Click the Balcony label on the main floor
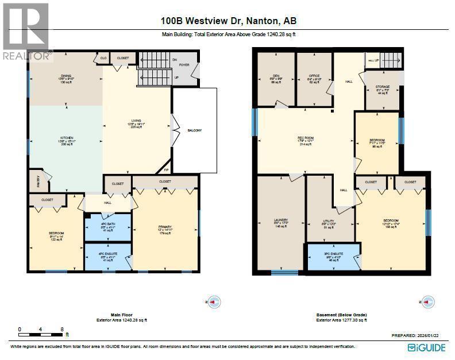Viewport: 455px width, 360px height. coord(195,130)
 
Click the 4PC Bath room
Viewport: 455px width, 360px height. coord(108,226)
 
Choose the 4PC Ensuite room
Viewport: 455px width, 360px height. coord(108,257)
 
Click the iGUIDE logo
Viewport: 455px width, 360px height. coord(426,348)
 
